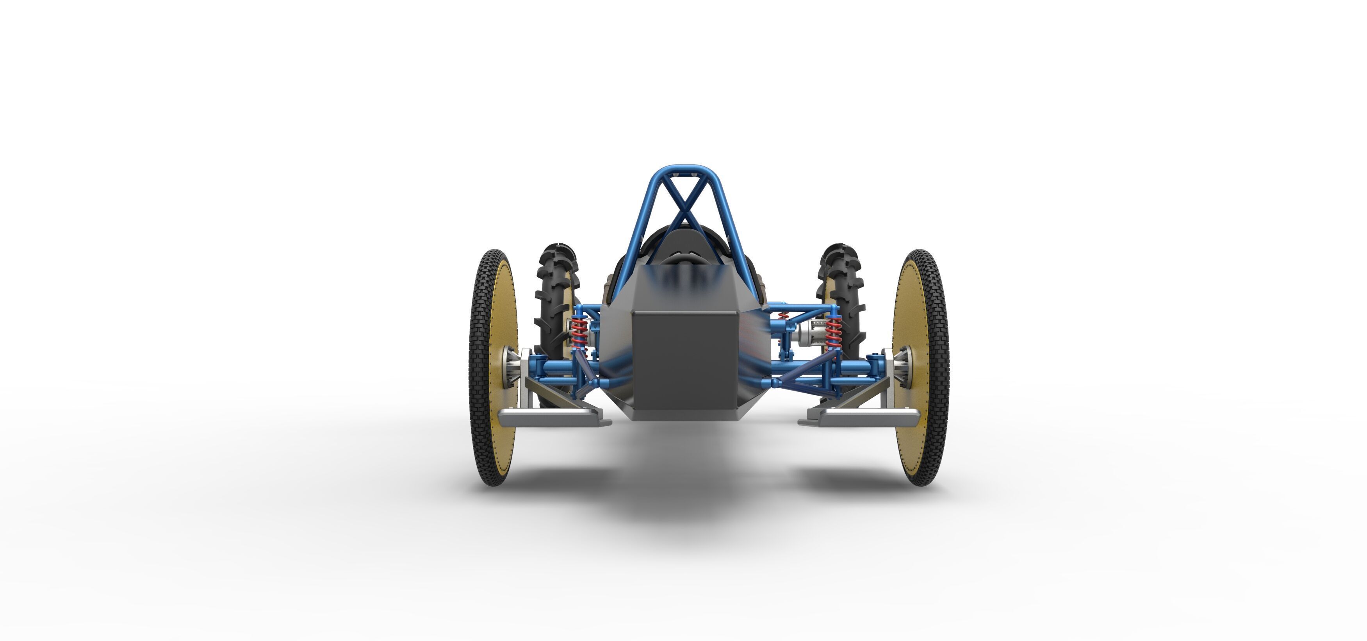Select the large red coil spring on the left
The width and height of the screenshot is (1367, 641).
coord(579,332)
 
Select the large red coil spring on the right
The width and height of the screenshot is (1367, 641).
coord(834,332)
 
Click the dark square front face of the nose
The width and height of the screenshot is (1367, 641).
coord(684,361)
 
